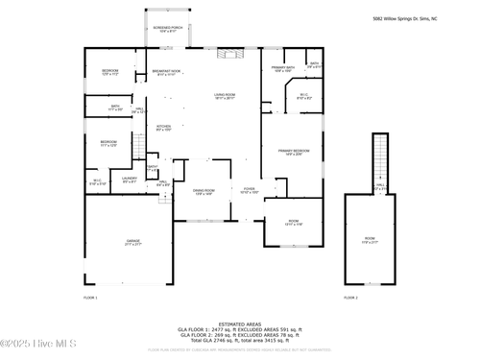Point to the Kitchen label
tap(163, 128)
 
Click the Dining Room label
tap(204, 193)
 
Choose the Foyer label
tap(249, 191)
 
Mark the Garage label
tap(133, 244)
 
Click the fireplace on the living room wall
tap(226, 54)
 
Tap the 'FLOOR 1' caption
tap(90, 299)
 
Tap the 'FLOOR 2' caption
tap(350, 299)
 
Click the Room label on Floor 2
tap(370, 239)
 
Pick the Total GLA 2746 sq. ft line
tap(239, 341)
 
